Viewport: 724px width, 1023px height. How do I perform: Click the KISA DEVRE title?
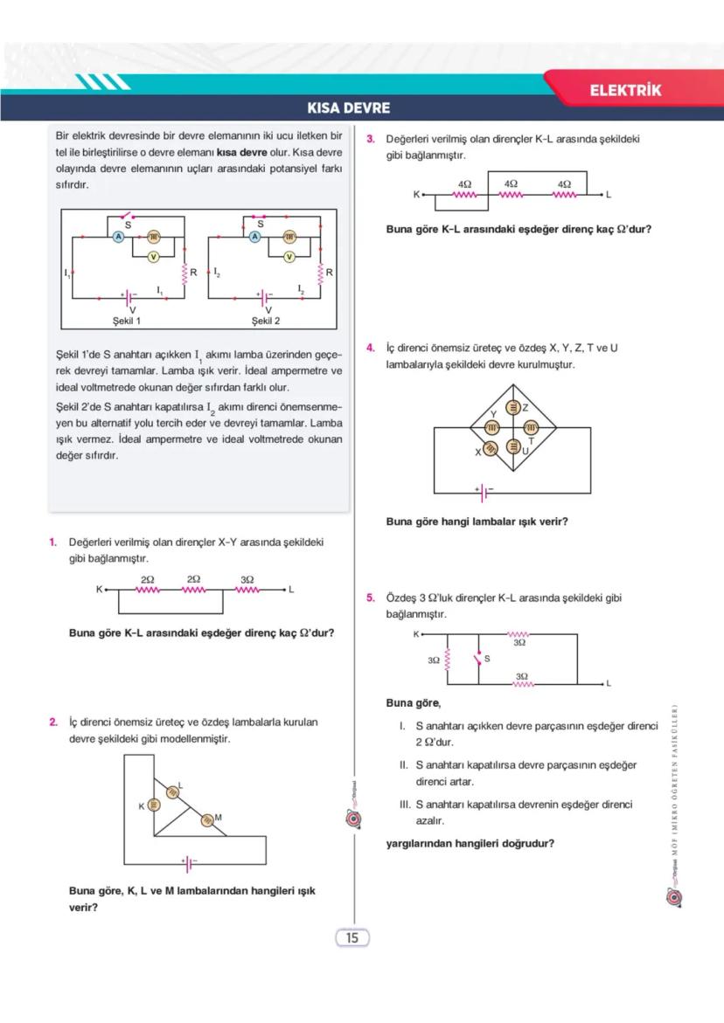click(x=348, y=109)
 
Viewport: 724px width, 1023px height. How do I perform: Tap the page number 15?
click(x=352, y=938)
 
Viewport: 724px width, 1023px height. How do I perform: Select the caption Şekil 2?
click(x=266, y=321)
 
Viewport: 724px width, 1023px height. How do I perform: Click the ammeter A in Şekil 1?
click(x=119, y=237)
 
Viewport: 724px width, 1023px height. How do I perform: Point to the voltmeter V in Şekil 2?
click(x=289, y=256)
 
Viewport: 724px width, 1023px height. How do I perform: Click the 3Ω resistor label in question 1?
click(x=247, y=579)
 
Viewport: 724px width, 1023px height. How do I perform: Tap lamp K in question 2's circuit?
click(x=153, y=805)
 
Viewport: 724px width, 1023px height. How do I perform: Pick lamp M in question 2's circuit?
click(x=207, y=819)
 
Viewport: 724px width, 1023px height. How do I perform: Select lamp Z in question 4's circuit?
click(x=516, y=408)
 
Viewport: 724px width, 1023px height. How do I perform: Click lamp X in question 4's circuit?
click(x=491, y=447)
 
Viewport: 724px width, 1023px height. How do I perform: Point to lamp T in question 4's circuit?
click(x=531, y=427)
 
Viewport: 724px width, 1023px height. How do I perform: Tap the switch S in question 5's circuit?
click(x=478, y=658)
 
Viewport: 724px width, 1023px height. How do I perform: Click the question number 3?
click(x=371, y=139)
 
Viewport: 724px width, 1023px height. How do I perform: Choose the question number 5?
click(x=371, y=598)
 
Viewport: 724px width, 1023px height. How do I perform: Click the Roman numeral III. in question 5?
click(x=405, y=805)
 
